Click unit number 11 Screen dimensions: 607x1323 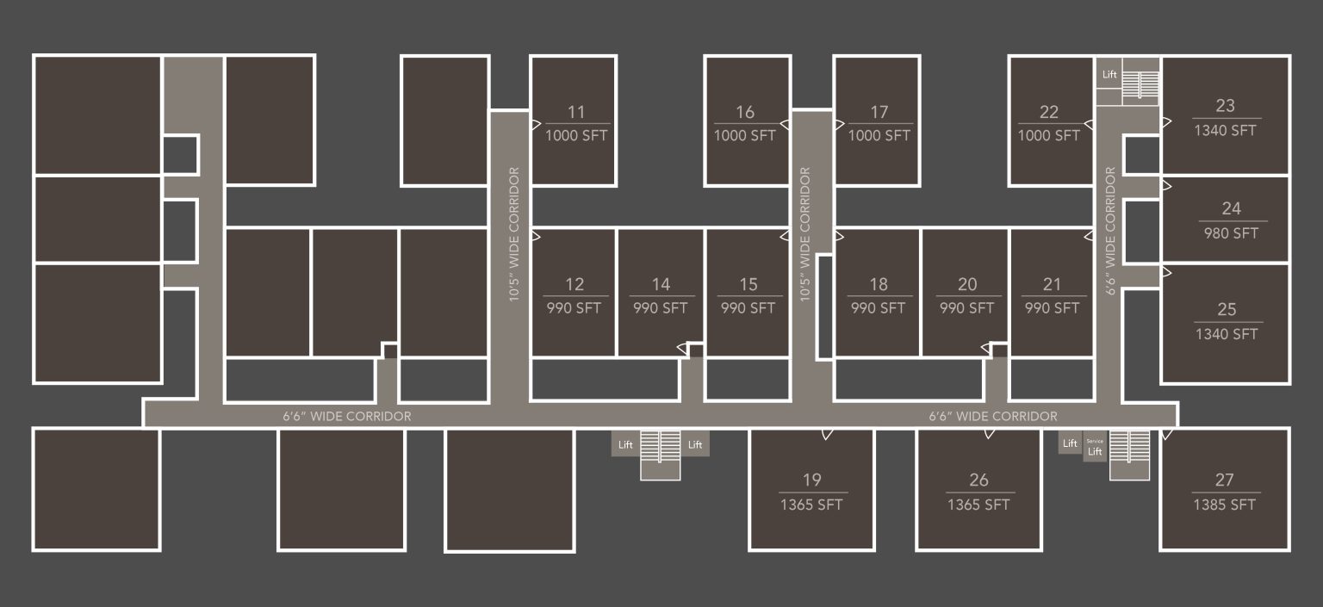pos(576,112)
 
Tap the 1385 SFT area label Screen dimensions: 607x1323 pos(1224,505)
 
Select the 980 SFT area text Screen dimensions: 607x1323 pos(1231,232)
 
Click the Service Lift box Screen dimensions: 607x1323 pos(1095,447)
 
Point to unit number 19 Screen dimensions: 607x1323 pos(811,480)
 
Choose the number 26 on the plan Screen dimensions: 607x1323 pos(978,480)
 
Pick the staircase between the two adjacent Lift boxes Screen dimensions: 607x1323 pos(661,454)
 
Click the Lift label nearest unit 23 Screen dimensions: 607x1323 pos(1109,75)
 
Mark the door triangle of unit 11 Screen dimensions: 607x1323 pos(535,124)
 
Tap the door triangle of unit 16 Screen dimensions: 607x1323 pos(785,124)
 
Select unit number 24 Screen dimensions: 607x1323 pos(1231,207)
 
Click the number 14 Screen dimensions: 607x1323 pos(661,284)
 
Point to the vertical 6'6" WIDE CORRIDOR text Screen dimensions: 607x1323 pos(1110,231)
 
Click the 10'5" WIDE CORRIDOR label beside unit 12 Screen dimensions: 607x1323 pos(514,233)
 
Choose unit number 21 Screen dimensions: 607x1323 pos(1052,284)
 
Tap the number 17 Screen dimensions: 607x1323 pos(879,112)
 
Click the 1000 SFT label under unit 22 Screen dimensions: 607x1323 pos(1048,135)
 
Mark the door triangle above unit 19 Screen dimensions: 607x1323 pos(827,433)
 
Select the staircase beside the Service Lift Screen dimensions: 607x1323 pos(1129,453)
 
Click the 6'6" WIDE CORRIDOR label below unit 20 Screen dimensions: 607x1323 pos(992,416)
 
